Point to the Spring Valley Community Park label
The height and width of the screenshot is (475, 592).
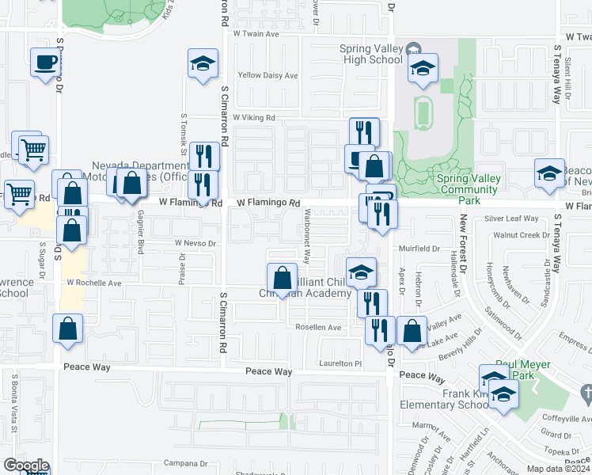tap(469, 184)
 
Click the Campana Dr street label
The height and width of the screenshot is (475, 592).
tap(185, 463)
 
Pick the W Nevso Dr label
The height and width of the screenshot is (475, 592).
tap(195, 243)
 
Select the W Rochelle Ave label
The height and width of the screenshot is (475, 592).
tap(93, 282)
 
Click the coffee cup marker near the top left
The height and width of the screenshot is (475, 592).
tap(46, 62)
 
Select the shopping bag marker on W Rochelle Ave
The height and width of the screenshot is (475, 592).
tap(282, 278)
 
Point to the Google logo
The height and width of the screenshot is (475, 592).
tap(25, 465)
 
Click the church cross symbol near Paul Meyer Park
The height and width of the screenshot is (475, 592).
tap(586, 392)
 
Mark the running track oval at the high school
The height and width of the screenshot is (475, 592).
tap(423, 112)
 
